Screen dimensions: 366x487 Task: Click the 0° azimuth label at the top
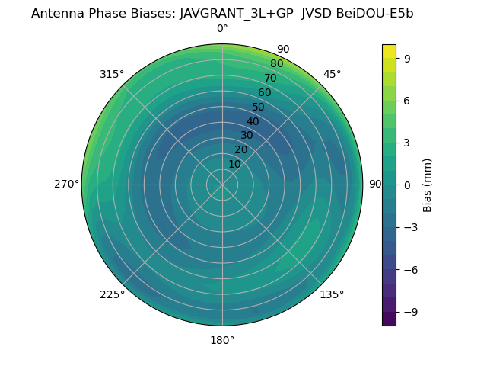click(222, 29)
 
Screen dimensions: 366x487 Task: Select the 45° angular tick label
click(332, 74)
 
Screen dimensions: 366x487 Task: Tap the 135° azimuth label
click(332, 294)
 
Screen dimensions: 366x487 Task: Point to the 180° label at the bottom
click(222, 340)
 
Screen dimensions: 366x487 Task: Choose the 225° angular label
click(112, 294)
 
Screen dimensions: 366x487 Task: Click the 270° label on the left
click(66, 184)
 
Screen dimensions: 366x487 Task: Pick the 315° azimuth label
click(112, 74)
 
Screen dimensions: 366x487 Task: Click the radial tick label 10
click(234, 164)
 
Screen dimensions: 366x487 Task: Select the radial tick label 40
click(253, 121)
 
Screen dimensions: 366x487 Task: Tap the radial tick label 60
click(265, 92)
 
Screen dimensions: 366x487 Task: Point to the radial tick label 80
click(276, 64)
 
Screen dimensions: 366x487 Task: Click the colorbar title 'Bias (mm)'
click(428, 185)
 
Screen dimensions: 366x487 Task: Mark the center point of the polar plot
click(222, 185)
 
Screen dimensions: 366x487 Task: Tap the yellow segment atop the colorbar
click(389, 51)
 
